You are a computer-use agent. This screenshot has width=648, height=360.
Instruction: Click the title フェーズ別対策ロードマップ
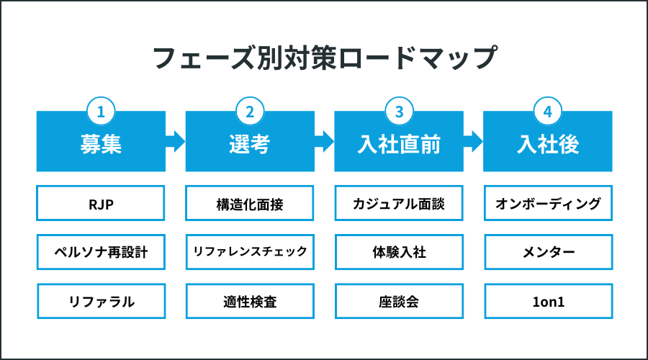pos(324,58)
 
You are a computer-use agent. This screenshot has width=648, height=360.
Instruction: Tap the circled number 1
pos(101,112)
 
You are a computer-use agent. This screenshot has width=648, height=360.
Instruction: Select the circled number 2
pos(250,112)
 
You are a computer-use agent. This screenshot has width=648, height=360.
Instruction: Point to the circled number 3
pos(399,112)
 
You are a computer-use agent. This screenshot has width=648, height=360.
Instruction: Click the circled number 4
pos(547,112)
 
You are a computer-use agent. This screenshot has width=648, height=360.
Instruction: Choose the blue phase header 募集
pos(101,144)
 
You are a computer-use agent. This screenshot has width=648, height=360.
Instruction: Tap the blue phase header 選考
pos(250,144)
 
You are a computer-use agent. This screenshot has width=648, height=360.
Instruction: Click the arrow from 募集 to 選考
pos(175,140)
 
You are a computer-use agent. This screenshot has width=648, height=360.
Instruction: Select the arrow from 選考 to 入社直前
pos(324,140)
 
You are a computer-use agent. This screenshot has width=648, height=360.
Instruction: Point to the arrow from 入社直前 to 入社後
pos(473,140)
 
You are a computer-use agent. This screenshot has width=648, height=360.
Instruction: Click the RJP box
pos(101,204)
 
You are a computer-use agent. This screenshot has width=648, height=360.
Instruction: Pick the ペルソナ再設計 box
pos(101,252)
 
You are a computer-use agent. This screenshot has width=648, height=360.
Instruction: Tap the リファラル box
pos(101,301)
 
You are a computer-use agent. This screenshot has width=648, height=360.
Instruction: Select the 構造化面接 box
pos(250,204)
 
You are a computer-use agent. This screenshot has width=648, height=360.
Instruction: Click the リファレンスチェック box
pos(250,252)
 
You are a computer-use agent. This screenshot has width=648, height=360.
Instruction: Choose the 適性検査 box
pos(250,301)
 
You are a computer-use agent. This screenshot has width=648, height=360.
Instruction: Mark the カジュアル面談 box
pos(399,204)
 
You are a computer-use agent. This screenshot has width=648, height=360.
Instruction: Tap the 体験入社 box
pos(399,252)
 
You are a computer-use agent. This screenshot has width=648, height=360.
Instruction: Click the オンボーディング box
pos(547,204)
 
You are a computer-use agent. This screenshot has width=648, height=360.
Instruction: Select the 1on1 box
pos(547,301)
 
